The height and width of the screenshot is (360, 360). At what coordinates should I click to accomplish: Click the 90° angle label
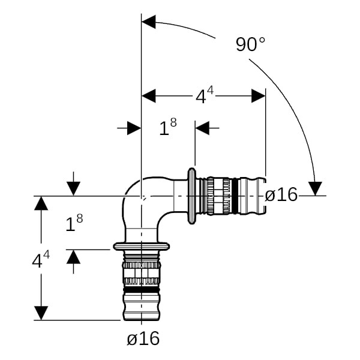point(250,45)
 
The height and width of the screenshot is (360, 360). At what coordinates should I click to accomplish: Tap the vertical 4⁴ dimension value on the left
point(41,260)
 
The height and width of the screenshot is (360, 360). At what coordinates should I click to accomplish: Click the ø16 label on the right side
point(281,194)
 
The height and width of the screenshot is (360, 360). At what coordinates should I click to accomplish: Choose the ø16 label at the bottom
point(143,339)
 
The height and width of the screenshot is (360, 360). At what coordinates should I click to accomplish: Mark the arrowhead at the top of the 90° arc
point(148,23)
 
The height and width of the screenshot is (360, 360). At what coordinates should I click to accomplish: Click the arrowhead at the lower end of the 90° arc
point(315,188)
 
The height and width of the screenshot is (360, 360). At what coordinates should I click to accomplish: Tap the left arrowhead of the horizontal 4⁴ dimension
point(148,95)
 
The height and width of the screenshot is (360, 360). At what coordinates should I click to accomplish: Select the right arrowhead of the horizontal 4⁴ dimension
point(258,95)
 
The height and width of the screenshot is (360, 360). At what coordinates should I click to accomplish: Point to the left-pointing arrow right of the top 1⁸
point(202,127)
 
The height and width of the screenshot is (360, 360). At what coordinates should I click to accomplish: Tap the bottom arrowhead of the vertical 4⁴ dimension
point(41,313)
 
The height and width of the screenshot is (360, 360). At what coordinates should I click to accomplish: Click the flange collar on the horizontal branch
point(192,196)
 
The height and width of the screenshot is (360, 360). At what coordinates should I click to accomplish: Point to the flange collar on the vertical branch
point(142,246)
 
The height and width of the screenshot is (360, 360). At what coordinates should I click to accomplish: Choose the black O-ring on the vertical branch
point(142,289)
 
